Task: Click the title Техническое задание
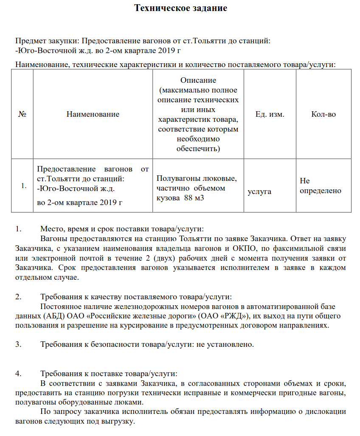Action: pos(180,8)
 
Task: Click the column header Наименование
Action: pos(93,114)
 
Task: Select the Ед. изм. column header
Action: pos(270,114)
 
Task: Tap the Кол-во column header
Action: pos(323,114)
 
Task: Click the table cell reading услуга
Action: pos(259,192)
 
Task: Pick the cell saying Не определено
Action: pos(321,186)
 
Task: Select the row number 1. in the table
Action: pos(25,186)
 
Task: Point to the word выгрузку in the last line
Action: pos(119,422)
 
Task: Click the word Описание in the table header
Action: pos(198,80)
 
